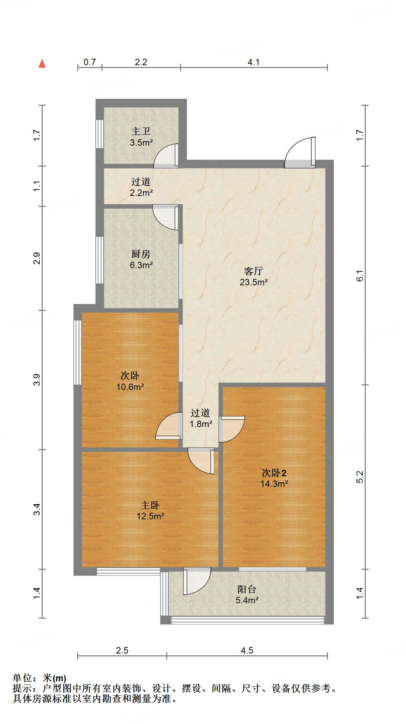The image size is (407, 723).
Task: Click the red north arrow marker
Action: pyautogui.click(x=42, y=64)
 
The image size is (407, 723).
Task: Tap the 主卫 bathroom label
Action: pyautogui.click(x=141, y=131)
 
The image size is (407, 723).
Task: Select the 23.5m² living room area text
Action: pyautogui.click(x=253, y=282)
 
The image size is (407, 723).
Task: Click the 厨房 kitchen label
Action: pyautogui.click(x=141, y=254)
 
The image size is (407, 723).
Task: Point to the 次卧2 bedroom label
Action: pyautogui.click(x=274, y=473)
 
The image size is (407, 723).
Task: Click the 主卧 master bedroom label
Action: pyautogui.click(x=150, y=505)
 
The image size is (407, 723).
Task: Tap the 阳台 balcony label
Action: pyautogui.click(x=247, y=589)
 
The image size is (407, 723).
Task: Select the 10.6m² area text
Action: pyautogui.click(x=130, y=387)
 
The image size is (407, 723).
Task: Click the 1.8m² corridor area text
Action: pyautogui.click(x=201, y=424)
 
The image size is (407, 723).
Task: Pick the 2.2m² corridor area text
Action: pyautogui.click(x=141, y=193)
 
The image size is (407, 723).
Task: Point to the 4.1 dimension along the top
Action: pyautogui.click(x=253, y=62)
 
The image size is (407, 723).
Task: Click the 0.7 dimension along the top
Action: pyautogui.click(x=90, y=62)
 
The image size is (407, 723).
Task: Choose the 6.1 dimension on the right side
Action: pyautogui.click(x=360, y=276)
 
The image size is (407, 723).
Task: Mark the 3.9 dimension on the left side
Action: pyautogui.click(x=37, y=380)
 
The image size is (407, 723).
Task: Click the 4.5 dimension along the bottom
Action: pyautogui.click(x=247, y=651)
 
